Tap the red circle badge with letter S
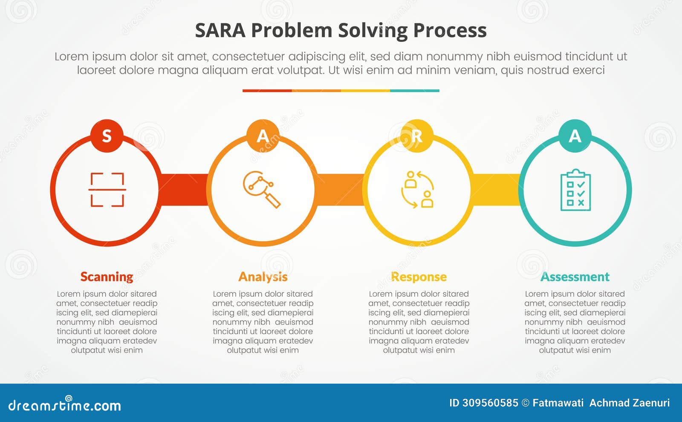107,136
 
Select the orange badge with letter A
263,136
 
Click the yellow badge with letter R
417,136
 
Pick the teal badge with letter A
575,136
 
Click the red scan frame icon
107,190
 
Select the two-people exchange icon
418,190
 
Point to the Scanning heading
107,277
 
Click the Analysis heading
263,277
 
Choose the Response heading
419,277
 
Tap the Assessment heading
575,277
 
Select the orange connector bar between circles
340,190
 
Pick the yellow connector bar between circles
495,190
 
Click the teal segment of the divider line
414,91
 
